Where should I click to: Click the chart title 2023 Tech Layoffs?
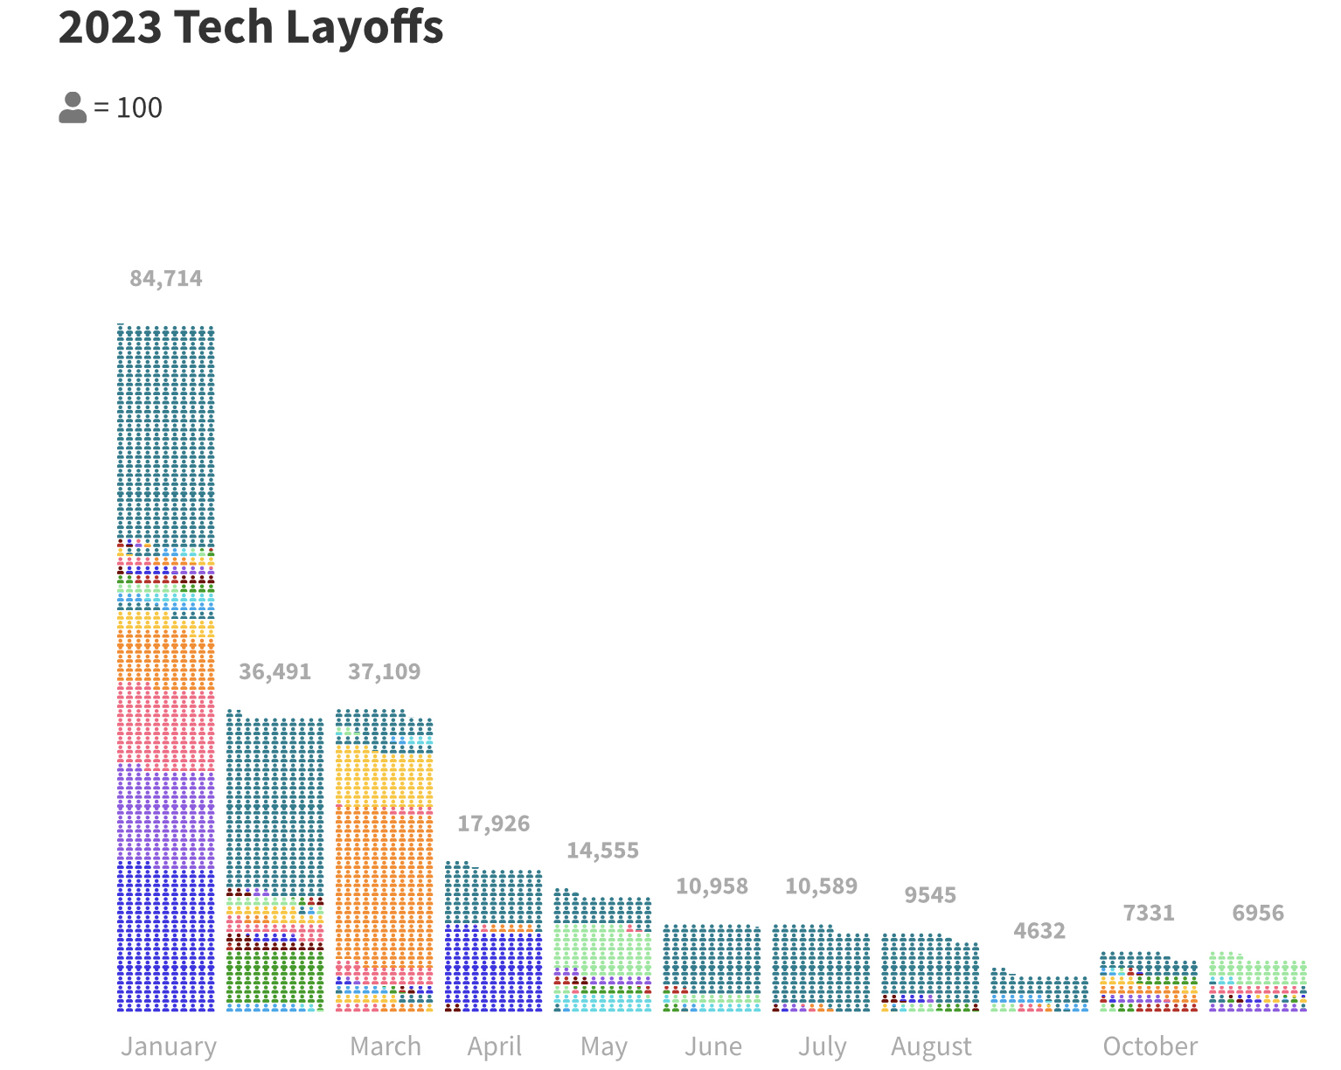click(x=251, y=27)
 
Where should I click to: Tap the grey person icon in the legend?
click(x=73, y=108)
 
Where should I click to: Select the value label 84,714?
click(x=166, y=278)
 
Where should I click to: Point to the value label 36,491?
click(x=274, y=671)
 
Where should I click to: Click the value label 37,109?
click(x=384, y=671)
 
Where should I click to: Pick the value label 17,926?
click(x=493, y=823)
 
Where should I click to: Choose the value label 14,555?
click(x=602, y=851)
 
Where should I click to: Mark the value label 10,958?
click(x=712, y=886)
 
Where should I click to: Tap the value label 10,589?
click(x=821, y=886)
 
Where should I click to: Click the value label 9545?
click(x=930, y=895)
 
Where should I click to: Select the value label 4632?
click(x=1039, y=931)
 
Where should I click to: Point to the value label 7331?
click(x=1149, y=914)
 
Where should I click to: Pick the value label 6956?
click(x=1258, y=914)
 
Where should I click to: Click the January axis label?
click(x=169, y=1046)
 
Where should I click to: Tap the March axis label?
click(x=386, y=1046)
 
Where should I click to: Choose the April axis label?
click(x=495, y=1046)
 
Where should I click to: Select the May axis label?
click(x=604, y=1046)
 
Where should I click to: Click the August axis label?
click(x=932, y=1046)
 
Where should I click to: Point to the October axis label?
click(x=1150, y=1046)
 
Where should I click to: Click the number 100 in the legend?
click(x=139, y=108)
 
